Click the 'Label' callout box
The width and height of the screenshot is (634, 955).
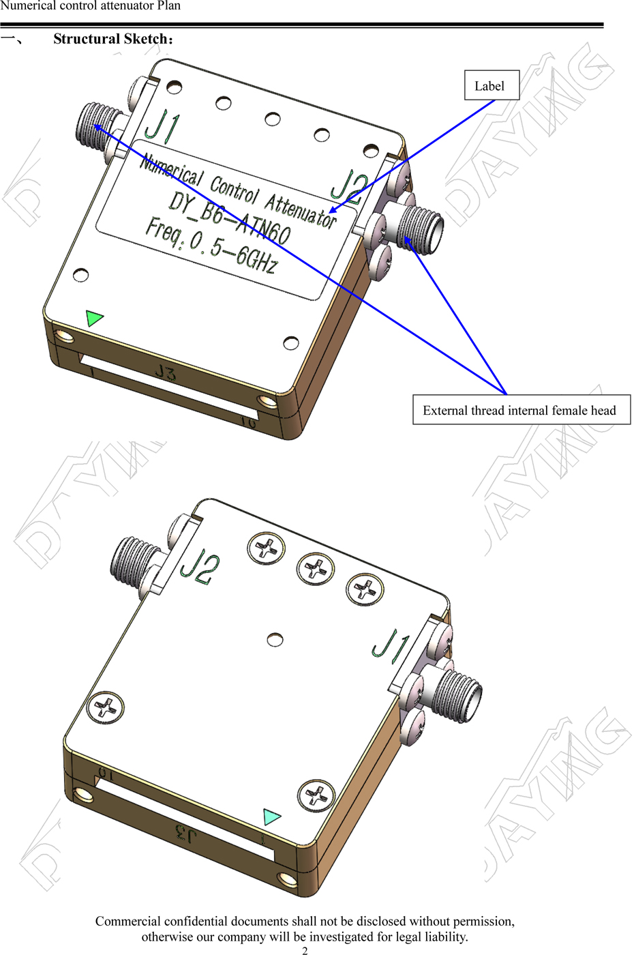coord(492,85)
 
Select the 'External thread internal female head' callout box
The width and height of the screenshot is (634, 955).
coord(522,410)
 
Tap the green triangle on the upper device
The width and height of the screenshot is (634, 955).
coord(94,318)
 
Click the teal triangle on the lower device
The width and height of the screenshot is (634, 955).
coord(272,817)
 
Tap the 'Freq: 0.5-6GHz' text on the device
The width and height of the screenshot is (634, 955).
coord(212,246)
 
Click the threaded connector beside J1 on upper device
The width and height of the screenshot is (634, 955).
coord(94,127)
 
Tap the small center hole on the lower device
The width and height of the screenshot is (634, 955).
coord(275,640)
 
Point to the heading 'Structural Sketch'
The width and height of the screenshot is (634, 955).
coord(110,39)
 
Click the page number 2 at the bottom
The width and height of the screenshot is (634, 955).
coord(305,950)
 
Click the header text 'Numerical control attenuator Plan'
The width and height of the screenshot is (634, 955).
coord(90,5)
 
